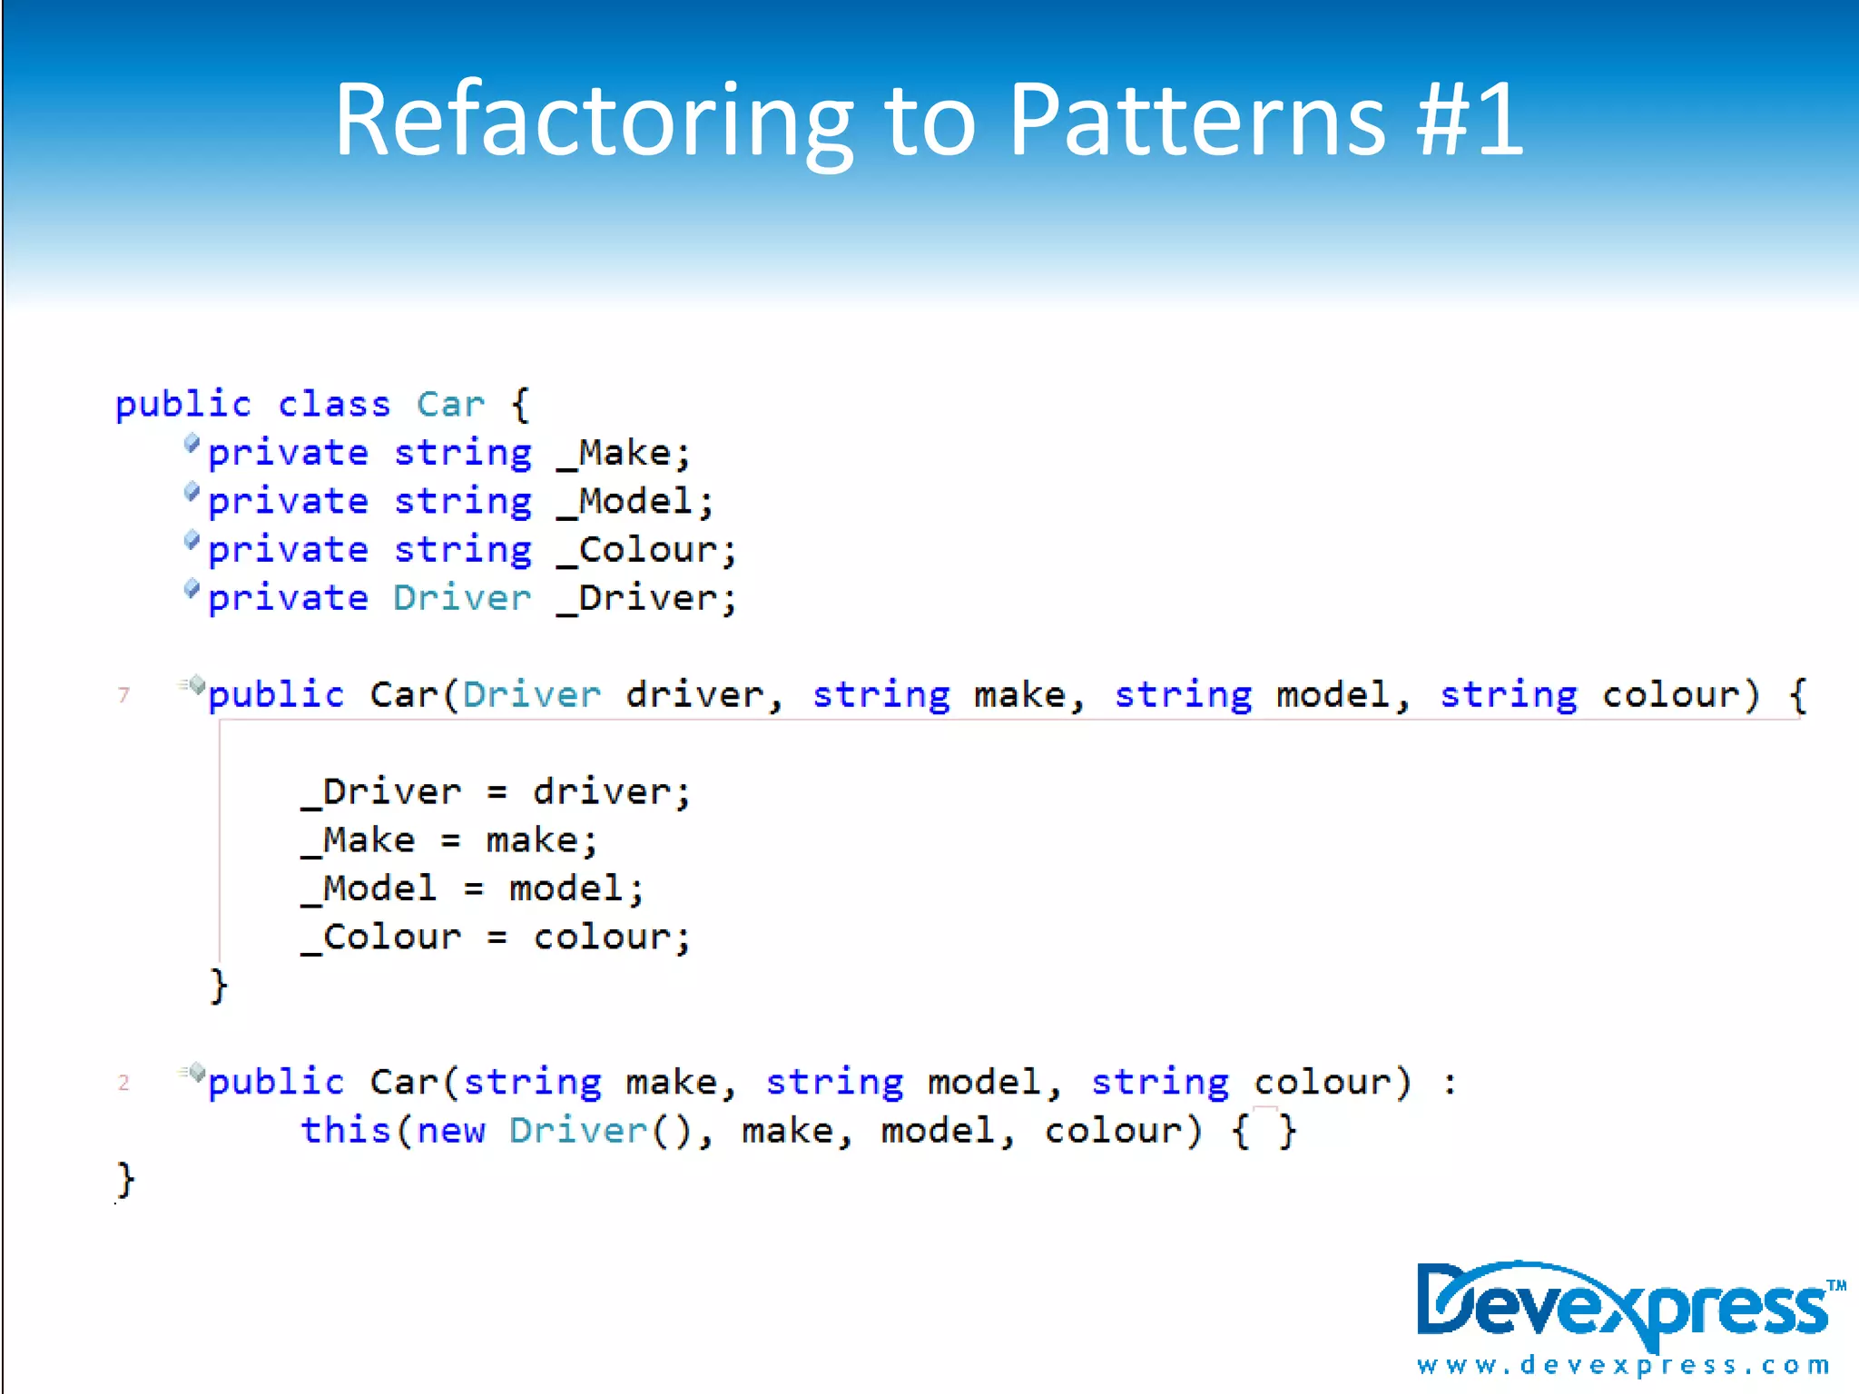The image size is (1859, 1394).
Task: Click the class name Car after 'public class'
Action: point(450,404)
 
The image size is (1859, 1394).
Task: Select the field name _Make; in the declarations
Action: point(625,453)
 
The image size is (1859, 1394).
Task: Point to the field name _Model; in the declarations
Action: point(635,501)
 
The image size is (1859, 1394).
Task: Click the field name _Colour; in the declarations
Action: point(647,550)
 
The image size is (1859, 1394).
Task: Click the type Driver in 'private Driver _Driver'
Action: point(461,598)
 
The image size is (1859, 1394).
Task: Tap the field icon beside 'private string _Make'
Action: point(192,444)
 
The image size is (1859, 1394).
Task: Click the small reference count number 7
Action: point(124,695)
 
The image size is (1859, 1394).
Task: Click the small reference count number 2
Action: point(124,1083)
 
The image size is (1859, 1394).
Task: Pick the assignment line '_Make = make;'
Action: point(450,840)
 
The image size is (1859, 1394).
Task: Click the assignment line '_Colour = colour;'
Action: point(497,938)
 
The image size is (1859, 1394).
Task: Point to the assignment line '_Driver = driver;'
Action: point(497,792)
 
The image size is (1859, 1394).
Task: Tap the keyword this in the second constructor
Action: point(345,1131)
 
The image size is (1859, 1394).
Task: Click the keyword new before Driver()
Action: point(450,1131)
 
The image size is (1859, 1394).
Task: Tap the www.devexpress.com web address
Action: point(1623,1365)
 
